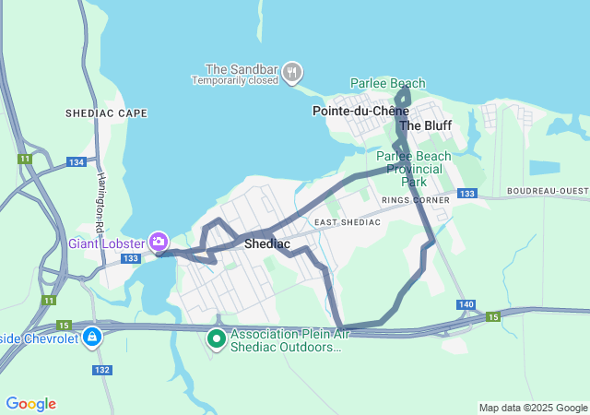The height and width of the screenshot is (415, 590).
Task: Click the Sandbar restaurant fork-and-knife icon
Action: (x=292, y=72)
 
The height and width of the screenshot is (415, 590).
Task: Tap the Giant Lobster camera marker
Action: (x=158, y=242)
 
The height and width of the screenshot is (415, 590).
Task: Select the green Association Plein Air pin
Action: (x=217, y=339)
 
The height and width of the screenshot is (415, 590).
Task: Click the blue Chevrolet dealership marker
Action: (x=92, y=338)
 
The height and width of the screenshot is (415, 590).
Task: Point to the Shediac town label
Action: (x=267, y=243)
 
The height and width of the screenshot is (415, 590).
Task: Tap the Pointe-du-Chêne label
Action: (x=360, y=111)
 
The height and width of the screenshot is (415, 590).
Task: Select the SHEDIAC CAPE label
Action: (x=106, y=113)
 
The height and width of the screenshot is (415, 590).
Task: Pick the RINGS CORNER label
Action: (x=415, y=199)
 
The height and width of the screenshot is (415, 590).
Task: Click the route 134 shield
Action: (x=77, y=162)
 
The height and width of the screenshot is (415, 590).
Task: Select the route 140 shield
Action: (x=465, y=304)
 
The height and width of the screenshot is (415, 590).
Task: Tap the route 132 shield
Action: (x=102, y=370)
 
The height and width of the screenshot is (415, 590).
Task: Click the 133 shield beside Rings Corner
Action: (x=467, y=194)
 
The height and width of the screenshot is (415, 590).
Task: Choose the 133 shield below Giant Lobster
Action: (x=132, y=258)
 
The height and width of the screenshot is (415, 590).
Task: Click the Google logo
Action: (x=30, y=404)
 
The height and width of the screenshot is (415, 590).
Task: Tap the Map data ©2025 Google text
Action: (x=533, y=408)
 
